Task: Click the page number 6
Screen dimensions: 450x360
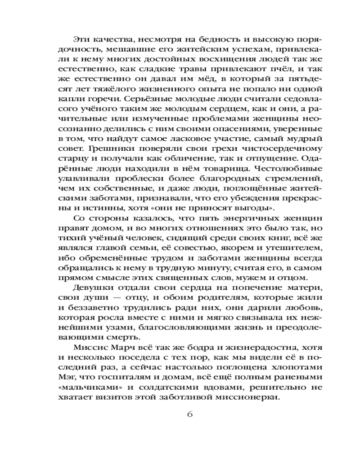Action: coord(189,414)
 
